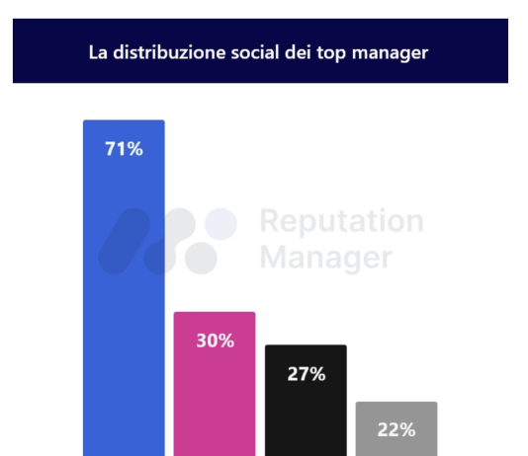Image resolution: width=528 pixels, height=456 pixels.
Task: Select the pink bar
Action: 215,395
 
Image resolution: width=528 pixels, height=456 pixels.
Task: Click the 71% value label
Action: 124,150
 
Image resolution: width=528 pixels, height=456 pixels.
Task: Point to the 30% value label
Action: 215,342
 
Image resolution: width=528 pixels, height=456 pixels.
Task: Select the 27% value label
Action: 306,374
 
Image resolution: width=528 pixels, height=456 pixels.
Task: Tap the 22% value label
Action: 396,429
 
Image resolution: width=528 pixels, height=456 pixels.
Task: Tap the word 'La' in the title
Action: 97,52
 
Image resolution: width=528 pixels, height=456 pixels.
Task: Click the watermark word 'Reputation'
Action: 341,222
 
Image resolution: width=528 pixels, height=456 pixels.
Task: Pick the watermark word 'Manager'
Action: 325,258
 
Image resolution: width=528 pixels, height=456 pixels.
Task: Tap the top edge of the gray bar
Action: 396,403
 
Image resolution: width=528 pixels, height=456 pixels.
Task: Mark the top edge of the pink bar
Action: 215,313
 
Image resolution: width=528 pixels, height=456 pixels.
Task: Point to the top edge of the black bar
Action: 306,345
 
